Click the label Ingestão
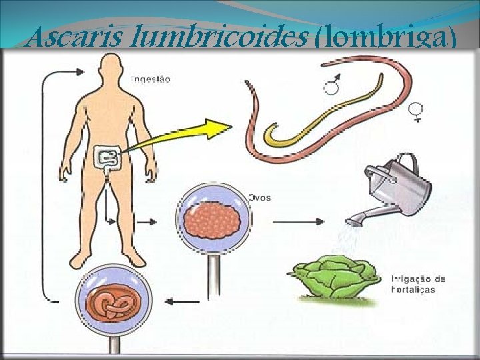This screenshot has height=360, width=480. coord(151,79)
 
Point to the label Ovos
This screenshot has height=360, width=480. coord(259,198)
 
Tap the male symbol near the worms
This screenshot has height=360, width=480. coord(333,83)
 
